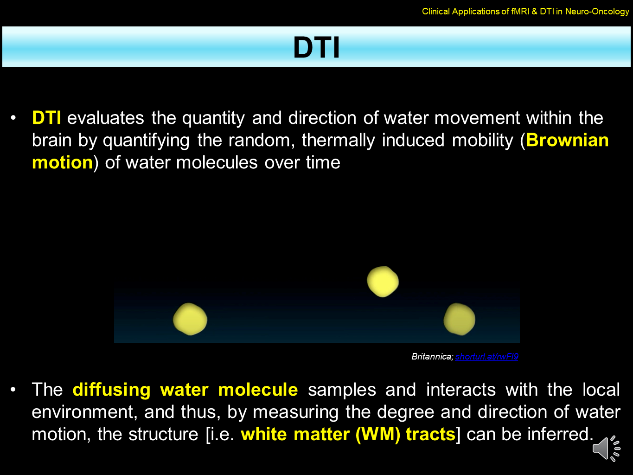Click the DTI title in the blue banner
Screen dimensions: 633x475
point(316,47)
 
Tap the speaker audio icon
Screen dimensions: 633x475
point(606,449)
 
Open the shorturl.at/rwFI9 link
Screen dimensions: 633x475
point(487,356)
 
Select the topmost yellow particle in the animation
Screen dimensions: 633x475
point(383,282)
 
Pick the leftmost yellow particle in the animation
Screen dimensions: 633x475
point(190,319)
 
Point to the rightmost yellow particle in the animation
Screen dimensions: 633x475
point(460,319)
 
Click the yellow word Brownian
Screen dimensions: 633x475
point(567,140)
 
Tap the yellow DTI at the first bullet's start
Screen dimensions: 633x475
point(46,118)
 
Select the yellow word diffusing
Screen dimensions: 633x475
point(112,390)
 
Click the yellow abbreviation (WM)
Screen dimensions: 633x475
point(378,434)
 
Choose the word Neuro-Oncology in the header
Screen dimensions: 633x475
point(597,11)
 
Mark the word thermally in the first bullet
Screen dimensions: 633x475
point(339,141)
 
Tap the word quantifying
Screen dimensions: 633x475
point(146,141)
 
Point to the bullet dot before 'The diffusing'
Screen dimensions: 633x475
point(13,390)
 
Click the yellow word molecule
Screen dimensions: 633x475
point(258,390)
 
